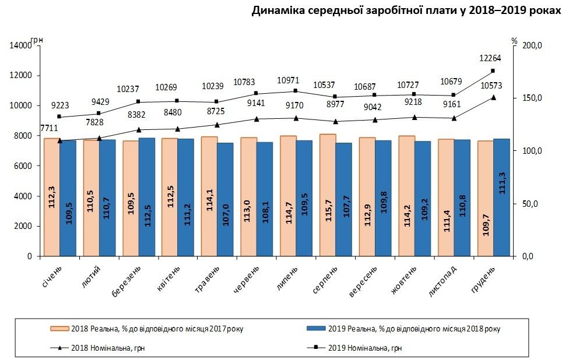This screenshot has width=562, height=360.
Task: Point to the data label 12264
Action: point(490,58)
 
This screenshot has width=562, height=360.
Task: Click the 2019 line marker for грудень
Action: point(493,71)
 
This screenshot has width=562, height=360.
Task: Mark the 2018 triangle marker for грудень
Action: point(493,97)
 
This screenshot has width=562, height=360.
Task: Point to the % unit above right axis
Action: point(514,41)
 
